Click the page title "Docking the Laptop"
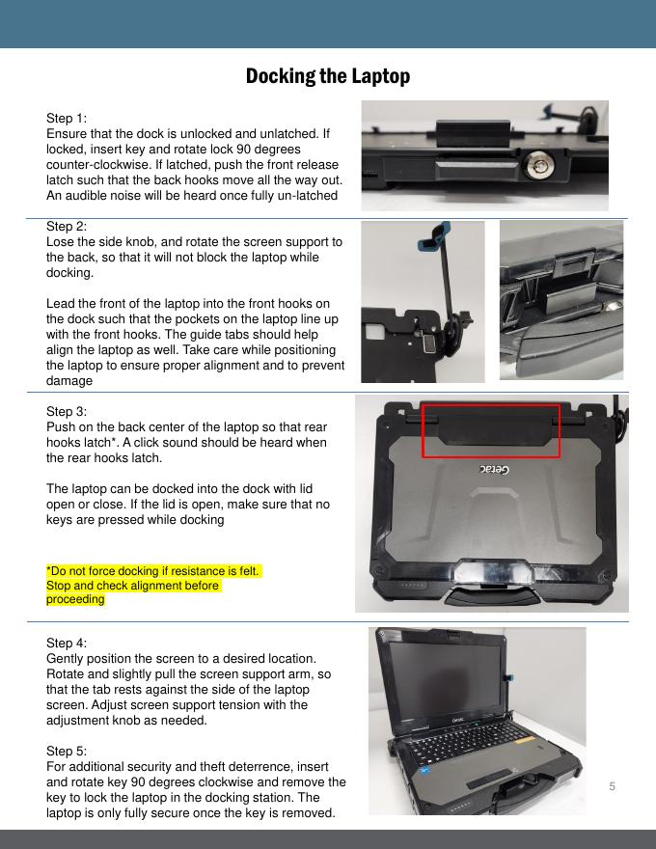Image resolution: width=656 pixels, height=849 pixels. click(x=327, y=76)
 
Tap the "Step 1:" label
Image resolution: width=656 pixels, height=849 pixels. click(x=66, y=118)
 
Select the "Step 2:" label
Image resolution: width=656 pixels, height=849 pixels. click(x=66, y=227)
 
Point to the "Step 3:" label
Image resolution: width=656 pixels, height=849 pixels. click(x=66, y=412)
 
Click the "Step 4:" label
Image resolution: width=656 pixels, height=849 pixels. click(x=66, y=643)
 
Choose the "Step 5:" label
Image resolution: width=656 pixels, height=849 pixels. click(x=66, y=751)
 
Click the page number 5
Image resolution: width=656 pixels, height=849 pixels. click(x=613, y=786)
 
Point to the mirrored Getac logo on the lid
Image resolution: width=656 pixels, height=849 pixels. click(x=494, y=469)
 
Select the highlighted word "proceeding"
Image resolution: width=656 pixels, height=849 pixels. click(x=75, y=599)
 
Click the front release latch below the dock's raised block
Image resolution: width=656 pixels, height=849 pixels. click(x=474, y=170)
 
